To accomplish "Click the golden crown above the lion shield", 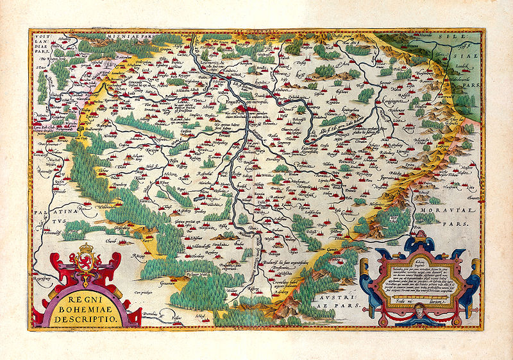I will (85, 248).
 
